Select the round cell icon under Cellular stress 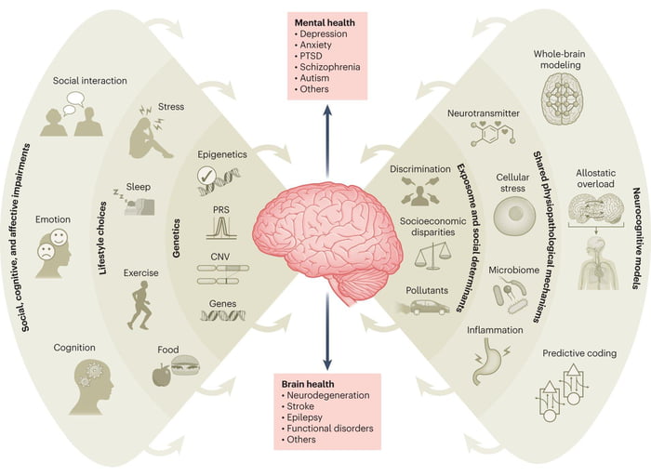click(513, 215)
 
